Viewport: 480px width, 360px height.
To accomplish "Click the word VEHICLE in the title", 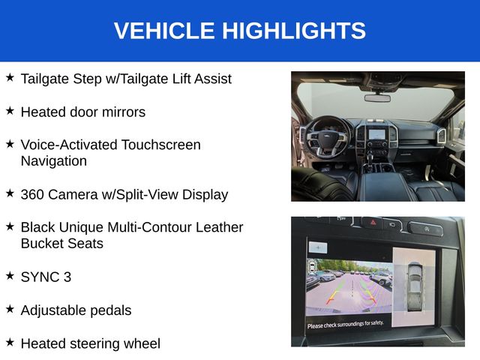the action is click(164, 31).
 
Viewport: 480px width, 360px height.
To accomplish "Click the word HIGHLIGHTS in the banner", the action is click(294, 31).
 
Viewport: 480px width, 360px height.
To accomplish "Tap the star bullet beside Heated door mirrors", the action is click(10, 110).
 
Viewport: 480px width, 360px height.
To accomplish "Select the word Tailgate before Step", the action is click(45, 79).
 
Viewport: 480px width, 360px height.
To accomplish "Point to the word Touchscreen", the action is click(161, 145).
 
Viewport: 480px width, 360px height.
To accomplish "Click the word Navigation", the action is click(54, 161).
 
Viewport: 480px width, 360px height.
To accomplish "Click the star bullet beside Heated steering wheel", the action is click(10, 342).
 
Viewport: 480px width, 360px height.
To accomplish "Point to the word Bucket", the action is click(42, 244).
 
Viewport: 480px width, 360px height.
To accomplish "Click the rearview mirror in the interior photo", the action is click(377, 98).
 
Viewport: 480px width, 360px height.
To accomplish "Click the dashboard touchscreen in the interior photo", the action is click(376, 134).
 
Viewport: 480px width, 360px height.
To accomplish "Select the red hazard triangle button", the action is click(373, 222).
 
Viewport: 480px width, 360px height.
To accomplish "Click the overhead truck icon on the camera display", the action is click(415, 286).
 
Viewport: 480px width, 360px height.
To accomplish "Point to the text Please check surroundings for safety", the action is click(346, 325).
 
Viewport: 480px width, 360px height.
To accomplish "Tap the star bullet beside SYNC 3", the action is click(10, 275).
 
